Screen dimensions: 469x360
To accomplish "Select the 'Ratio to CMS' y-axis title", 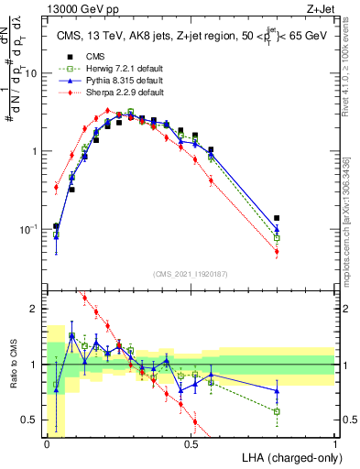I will (13, 365).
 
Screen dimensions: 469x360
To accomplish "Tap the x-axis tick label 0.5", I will (191, 443).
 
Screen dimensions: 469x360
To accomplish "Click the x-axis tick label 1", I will (334, 443).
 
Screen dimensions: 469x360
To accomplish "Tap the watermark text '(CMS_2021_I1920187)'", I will (191, 274).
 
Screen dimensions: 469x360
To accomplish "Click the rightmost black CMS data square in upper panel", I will (277, 218).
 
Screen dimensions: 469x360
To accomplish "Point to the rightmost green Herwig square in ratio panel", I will (277, 411).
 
